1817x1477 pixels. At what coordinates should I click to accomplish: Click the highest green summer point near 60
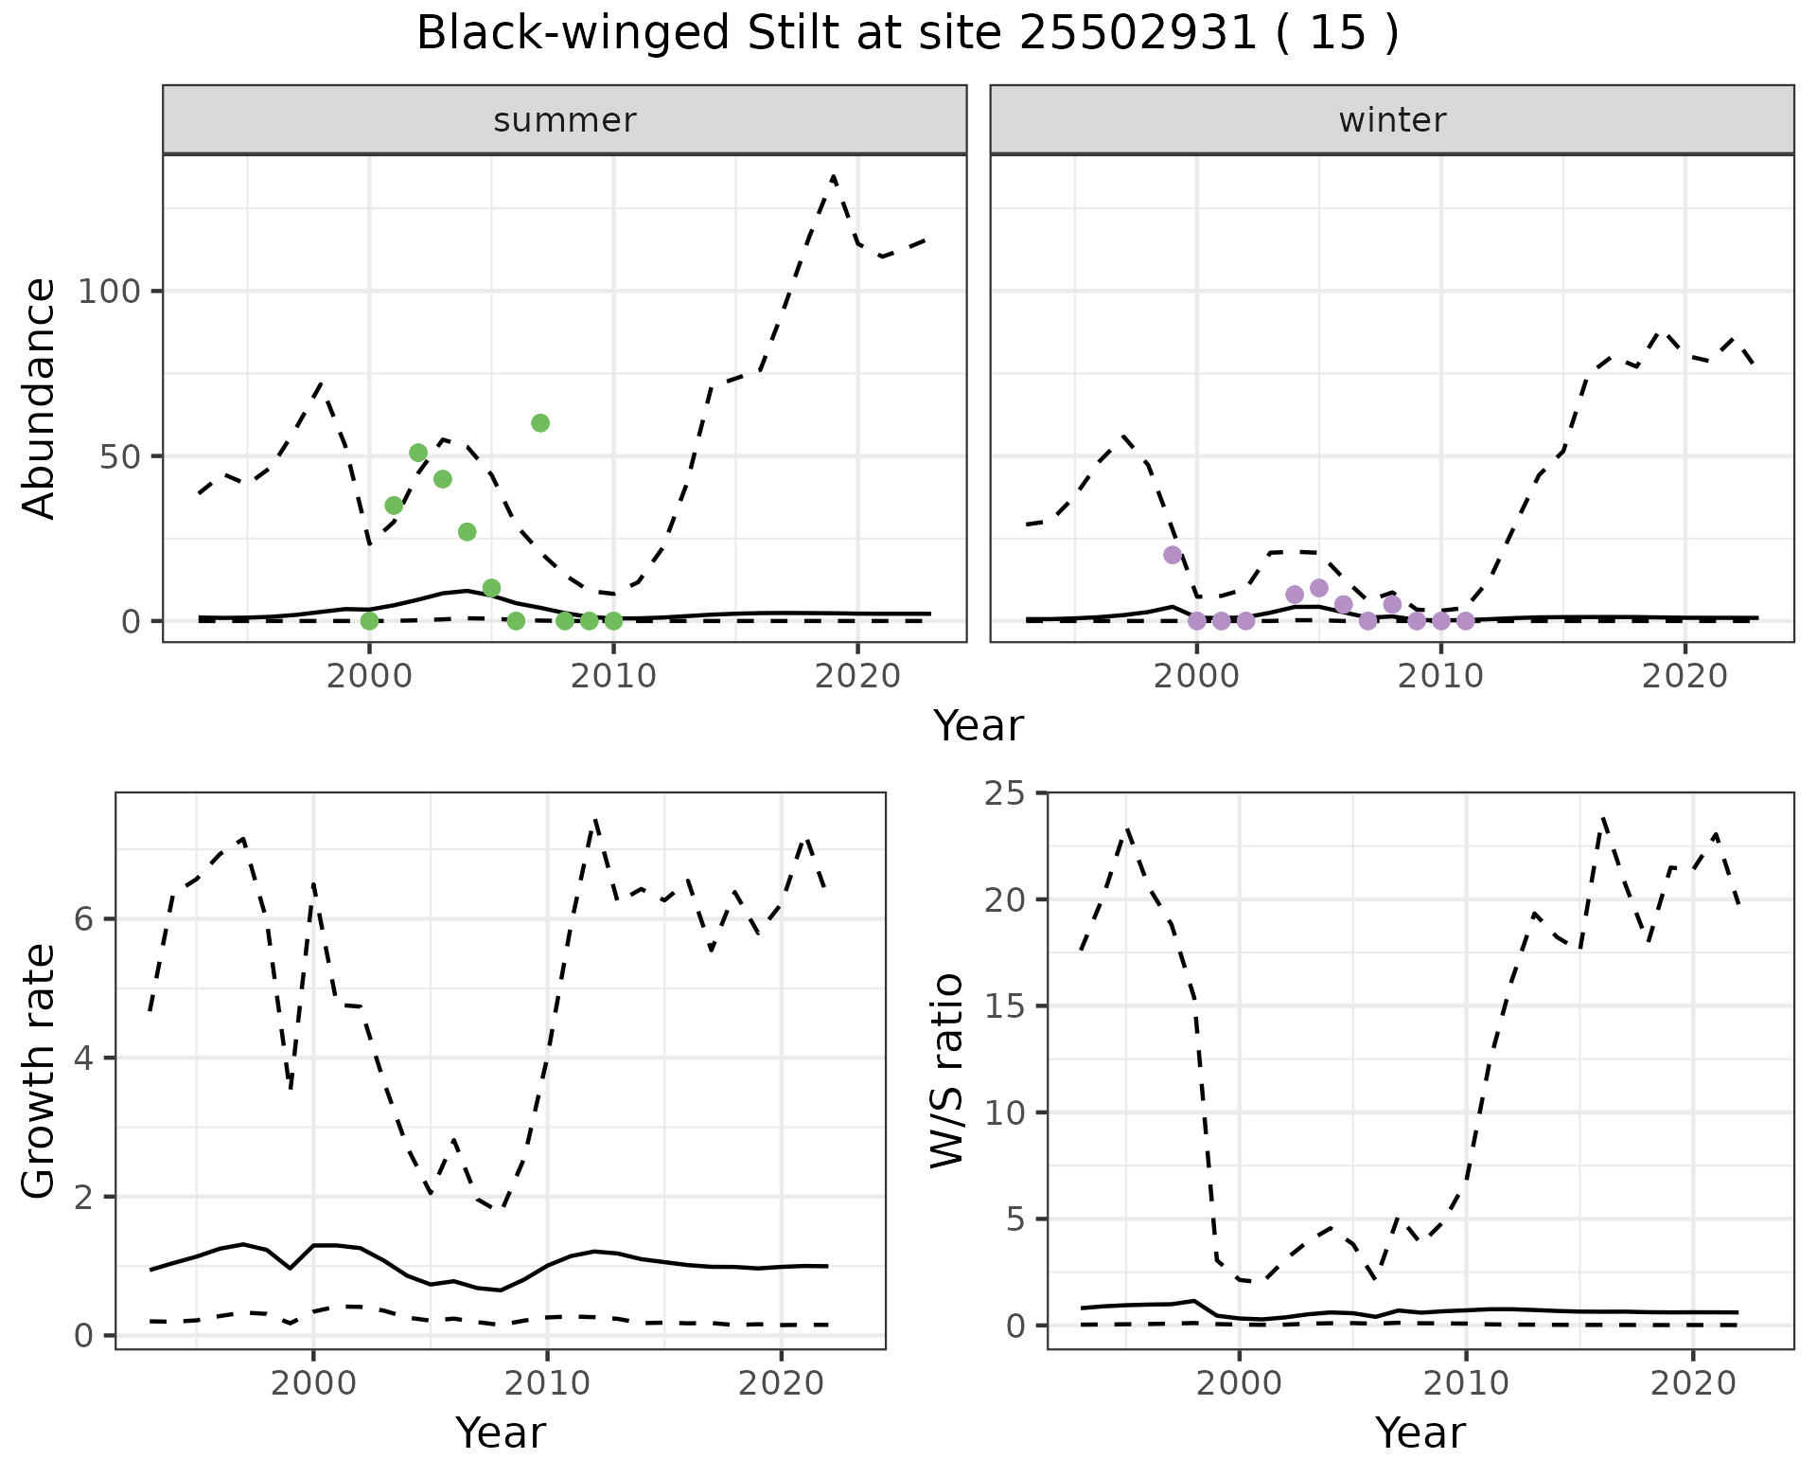click(x=540, y=423)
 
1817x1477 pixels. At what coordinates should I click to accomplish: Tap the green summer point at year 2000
click(x=369, y=621)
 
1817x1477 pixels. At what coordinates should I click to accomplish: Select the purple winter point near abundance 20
click(x=1173, y=555)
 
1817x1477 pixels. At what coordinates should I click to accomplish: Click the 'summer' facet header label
click(x=565, y=120)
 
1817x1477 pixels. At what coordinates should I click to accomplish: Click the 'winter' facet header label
click(x=1392, y=120)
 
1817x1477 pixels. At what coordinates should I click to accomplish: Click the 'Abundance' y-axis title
click(x=40, y=399)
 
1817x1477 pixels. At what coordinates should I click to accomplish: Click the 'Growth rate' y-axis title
click(x=40, y=1071)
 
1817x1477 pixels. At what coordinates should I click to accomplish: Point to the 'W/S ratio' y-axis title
click(x=947, y=1071)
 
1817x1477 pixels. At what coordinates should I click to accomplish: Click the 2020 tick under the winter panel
click(x=1685, y=677)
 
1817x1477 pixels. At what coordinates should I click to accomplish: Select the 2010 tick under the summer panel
click(x=613, y=677)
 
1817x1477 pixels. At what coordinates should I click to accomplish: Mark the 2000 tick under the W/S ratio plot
click(x=1239, y=1383)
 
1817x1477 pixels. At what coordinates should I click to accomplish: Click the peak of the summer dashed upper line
click(x=833, y=176)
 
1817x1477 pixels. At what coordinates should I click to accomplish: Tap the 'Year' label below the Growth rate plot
click(x=501, y=1433)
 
